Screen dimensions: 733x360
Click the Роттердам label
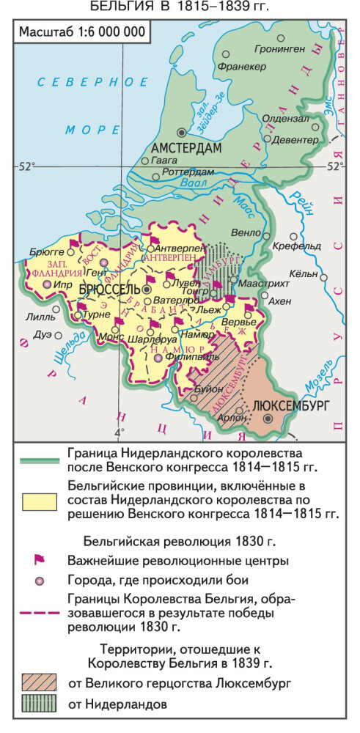point(186,172)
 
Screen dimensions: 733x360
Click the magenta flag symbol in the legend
point(40,560)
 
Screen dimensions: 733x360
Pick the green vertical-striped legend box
point(40,704)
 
